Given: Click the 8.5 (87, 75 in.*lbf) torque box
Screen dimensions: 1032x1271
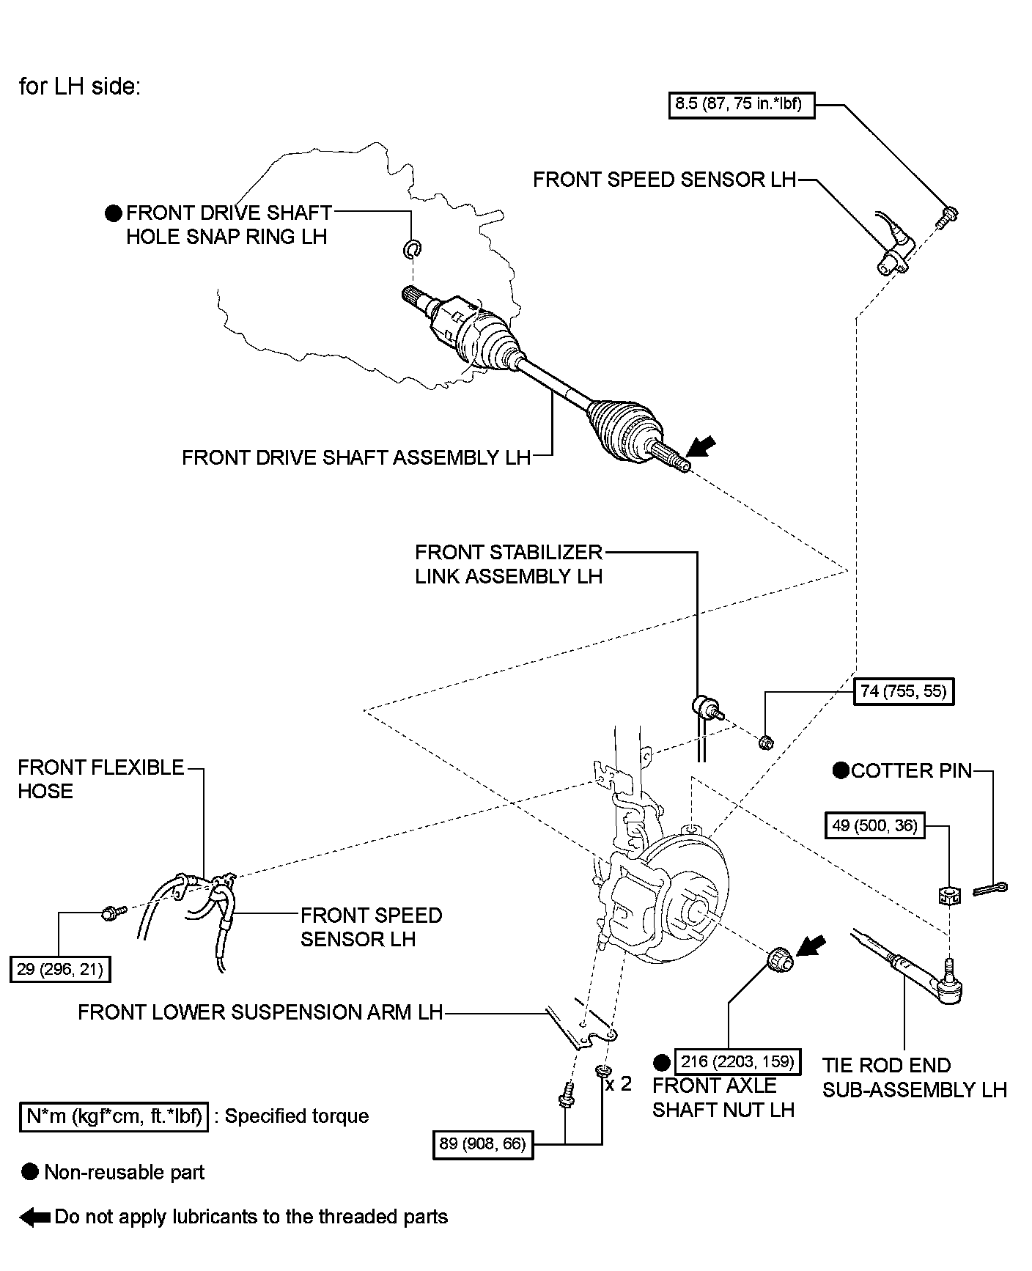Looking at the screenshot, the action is (742, 104).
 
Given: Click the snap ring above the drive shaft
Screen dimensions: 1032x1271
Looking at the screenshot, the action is (413, 248).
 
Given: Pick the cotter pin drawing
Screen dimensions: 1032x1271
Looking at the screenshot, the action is (991, 889).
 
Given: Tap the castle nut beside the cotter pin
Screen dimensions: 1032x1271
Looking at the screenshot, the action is (948, 894).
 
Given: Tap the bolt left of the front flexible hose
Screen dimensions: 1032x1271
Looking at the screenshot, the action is (114, 913).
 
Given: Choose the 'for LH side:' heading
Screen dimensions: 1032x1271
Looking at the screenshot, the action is (79, 86).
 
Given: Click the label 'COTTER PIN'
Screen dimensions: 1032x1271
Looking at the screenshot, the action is (912, 770).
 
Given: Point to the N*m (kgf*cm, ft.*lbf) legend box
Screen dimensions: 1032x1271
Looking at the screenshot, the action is (114, 1116).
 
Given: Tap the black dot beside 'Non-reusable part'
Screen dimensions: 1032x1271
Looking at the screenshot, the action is (30, 1172).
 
